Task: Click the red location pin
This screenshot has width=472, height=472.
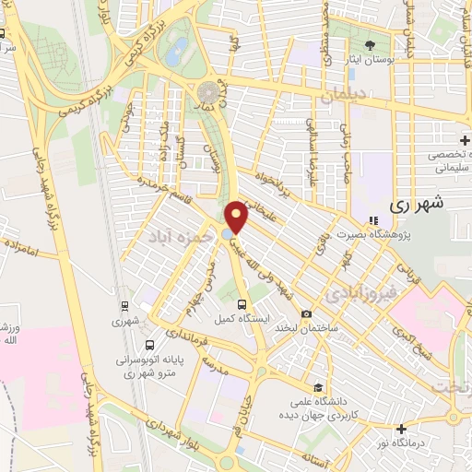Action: tap(238, 217)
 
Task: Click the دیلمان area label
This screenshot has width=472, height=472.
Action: tap(346, 95)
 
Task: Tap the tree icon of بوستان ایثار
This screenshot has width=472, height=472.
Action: tap(371, 44)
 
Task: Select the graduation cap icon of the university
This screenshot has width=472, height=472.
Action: tap(318, 387)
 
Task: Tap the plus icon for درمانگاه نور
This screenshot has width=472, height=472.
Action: tap(402, 429)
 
